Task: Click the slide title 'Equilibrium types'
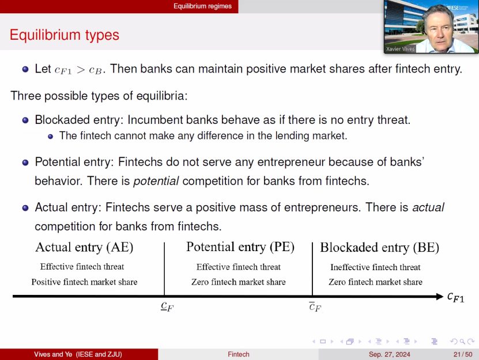pyautogui.click(x=64, y=35)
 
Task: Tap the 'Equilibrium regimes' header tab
pyautogui.click(x=202, y=6)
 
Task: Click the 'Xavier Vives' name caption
pyautogui.click(x=400, y=49)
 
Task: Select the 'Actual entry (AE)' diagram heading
pyautogui.click(x=84, y=247)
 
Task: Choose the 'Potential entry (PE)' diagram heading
pyautogui.click(x=240, y=247)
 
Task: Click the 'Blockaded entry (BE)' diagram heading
pyautogui.click(x=379, y=248)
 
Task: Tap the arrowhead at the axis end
pyautogui.click(x=440, y=297)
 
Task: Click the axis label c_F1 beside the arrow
pyautogui.click(x=455, y=297)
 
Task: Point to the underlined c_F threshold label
pyautogui.click(x=167, y=306)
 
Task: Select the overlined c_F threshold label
pyautogui.click(x=315, y=306)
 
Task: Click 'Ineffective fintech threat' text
pyautogui.click(x=375, y=267)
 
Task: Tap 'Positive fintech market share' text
pyautogui.click(x=84, y=282)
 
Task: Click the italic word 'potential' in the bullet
pyautogui.click(x=156, y=181)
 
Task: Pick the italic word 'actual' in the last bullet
pyautogui.click(x=428, y=207)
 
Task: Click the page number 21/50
pyautogui.click(x=463, y=354)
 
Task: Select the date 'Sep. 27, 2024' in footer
pyautogui.click(x=390, y=354)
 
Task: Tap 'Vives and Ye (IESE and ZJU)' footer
pyautogui.click(x=78, y=354)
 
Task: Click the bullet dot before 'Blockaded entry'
pyautogui.click(x=25, y=120)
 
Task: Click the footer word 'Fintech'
pyautogui.click(x=239, y=354)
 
